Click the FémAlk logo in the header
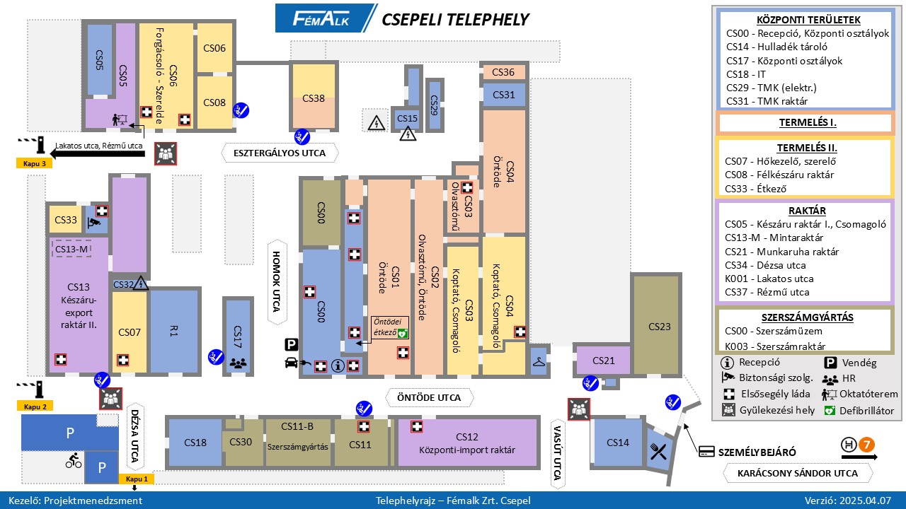click(x=321, y=18)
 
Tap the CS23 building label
click(x=659, y=327)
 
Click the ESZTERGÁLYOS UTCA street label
click(x=280, y=153)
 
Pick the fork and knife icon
click(x=658, y=451)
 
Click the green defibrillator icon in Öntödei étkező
click(x=403, y=332)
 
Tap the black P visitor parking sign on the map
click(x=291, y=345)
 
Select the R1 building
click(x=173, y=332)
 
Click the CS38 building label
click(x=314, y=98)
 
